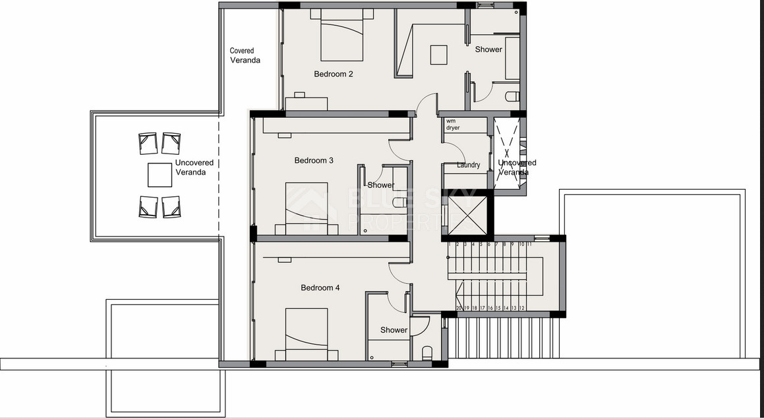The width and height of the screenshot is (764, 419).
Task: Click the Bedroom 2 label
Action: [x=333, y=74]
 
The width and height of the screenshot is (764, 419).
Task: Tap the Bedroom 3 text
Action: [x=314, y=161]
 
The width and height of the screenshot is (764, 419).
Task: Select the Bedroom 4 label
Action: [x=320, y=288]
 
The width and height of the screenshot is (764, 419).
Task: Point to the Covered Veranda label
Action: [x=245, y=55]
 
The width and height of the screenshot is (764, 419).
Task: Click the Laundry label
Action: [x=468, y=165]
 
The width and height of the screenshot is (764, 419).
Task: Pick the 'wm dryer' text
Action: [x=453, y=125]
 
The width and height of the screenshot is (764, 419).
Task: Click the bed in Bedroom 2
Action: [x=342, y=36]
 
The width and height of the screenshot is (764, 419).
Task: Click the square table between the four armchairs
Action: [x=160, y=175]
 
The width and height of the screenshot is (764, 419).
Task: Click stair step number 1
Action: [x=450, y=244]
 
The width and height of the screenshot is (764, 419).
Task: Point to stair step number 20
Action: [x=459, y=308]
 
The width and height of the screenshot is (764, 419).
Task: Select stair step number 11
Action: [x=529, y=244]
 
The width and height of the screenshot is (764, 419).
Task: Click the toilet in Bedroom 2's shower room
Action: [x=512, y=96]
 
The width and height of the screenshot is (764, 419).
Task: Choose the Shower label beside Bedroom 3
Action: [x=380, y=186]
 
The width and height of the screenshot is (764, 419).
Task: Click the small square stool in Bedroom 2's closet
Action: [x=439, y=55]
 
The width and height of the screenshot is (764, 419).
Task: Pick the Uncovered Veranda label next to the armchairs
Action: [x=194, y=168]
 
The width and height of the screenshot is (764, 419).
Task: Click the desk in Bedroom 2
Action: [x=307, y=103]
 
